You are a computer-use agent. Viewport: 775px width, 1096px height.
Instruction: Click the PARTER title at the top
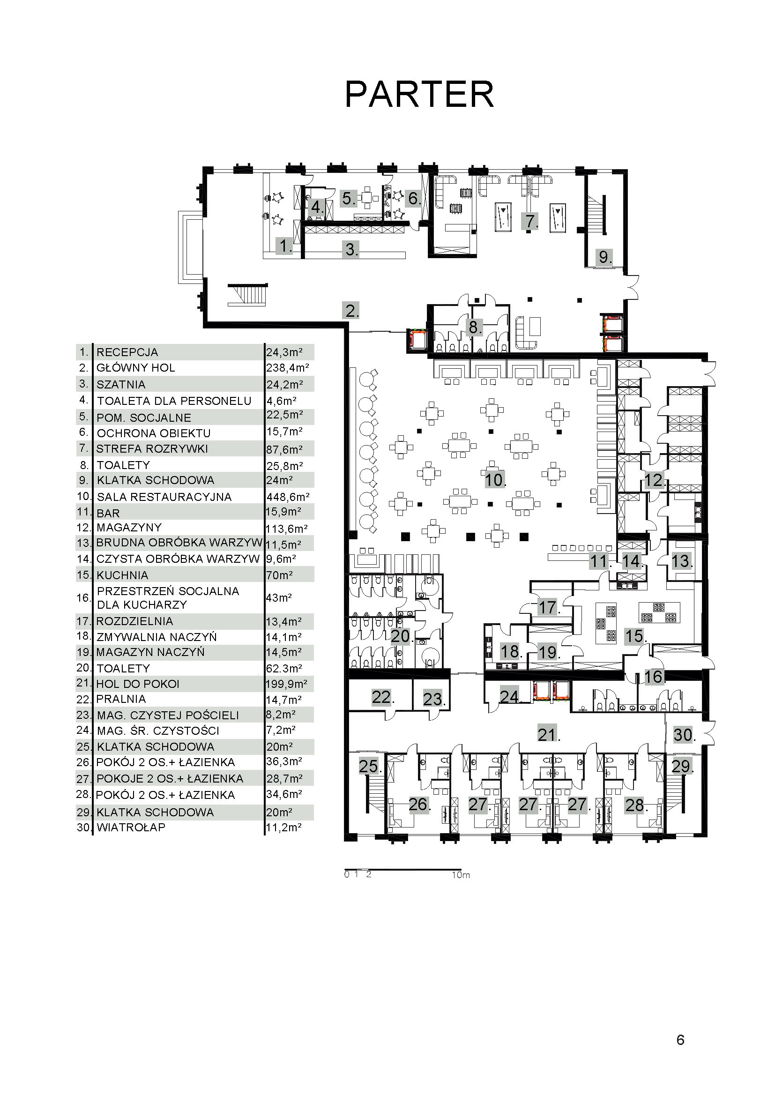tap(419, 95)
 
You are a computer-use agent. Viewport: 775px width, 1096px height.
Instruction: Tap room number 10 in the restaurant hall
tap(495, 480)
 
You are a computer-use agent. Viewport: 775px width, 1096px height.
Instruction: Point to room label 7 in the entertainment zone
tap(530, 221)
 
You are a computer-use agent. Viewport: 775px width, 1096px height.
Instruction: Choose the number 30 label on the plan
tap(684, 735)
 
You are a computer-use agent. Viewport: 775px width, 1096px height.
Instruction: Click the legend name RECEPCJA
tap(127, 352)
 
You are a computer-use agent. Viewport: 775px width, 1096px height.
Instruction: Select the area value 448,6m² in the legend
tap(288, 497)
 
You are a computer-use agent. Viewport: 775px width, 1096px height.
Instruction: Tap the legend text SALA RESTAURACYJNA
tap(164, 497)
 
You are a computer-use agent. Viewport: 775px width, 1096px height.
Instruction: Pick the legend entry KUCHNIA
tap(122, 575)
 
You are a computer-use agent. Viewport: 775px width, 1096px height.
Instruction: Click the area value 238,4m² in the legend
tap(288, 368)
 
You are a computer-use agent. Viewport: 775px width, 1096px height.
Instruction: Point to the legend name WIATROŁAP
tap(131, 827)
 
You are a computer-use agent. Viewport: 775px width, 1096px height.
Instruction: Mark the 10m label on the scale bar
tap(461, 875)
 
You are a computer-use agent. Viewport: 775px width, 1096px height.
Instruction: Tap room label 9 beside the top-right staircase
tap(604, 257)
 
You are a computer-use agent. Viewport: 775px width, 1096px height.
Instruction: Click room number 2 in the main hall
tap(351, 311)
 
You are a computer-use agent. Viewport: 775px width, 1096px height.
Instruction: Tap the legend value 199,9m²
tap(286, 684)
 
